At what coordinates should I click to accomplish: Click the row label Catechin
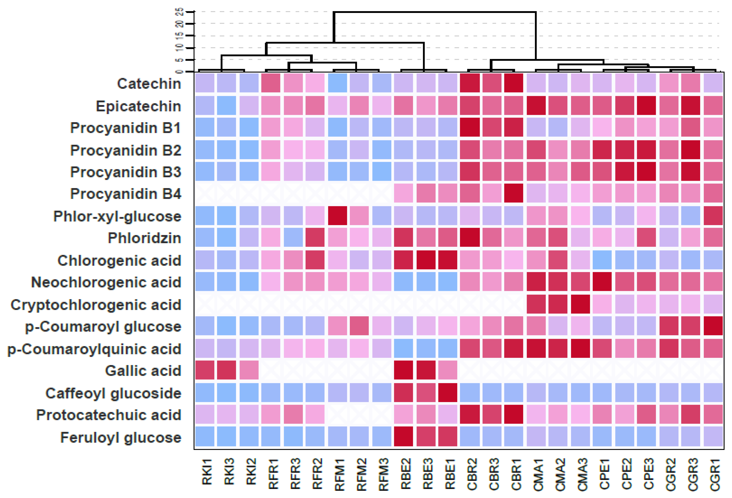[149, 84]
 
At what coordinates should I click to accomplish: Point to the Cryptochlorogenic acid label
[96, 305]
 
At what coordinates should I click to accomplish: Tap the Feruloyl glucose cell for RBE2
[404, 436]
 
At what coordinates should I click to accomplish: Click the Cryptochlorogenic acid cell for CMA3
[580, 304]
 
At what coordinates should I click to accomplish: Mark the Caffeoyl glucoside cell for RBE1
[448, 393]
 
